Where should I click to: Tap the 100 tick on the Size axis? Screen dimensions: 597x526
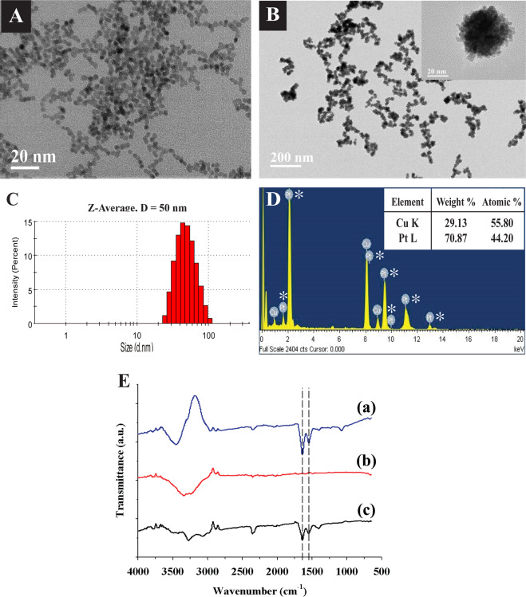pyautogui.click(x=208, y=335)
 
